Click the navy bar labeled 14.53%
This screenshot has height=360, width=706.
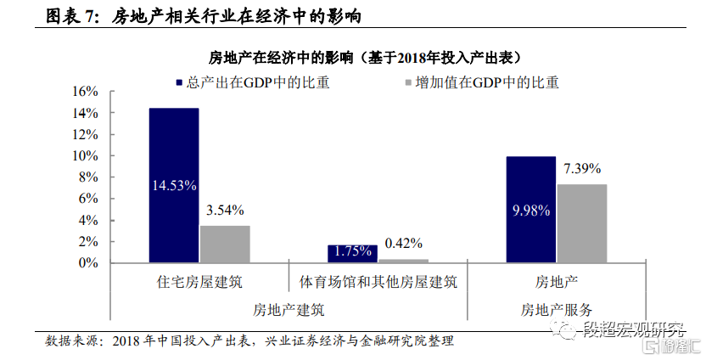174,185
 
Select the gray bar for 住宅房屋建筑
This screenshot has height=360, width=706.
225,244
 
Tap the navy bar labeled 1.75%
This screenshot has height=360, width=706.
353,254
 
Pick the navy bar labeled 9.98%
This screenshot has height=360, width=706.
531,210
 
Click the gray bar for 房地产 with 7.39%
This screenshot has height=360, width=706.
582,223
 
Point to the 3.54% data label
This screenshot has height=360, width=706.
225,210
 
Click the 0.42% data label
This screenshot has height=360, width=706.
404,243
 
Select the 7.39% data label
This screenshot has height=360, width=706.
582,168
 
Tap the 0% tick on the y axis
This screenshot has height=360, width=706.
89,263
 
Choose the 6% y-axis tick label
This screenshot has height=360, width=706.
89,199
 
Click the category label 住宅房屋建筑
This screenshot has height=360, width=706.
199,282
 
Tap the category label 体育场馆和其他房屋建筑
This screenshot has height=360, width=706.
378,282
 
